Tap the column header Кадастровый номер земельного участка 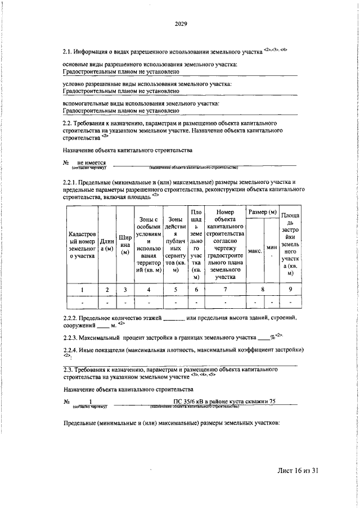(x=82, y=244)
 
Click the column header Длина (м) (x=107, y=244)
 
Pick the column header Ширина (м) (x=125, y=244)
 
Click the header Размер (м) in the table (x=264, y=211)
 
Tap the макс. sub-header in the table (x=255, y=251)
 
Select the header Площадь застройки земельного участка (x=290, y=244)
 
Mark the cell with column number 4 (x=148, y=290)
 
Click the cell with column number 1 (x=82, y=290)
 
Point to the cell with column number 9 (x=290, y=290)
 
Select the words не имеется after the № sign (x=92, y=162)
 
